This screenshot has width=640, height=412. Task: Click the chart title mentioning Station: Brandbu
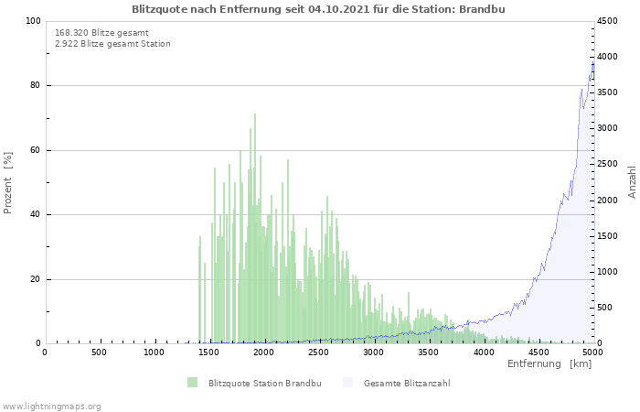click(318, 9)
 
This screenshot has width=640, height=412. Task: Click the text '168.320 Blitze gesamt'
click(101, 33)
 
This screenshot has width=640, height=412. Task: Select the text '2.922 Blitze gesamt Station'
click(112, 44)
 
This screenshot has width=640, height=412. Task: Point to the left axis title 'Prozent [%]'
click(7, 183)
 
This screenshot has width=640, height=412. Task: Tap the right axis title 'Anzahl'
click(632, 182)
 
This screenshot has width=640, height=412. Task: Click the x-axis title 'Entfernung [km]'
click(549, 363)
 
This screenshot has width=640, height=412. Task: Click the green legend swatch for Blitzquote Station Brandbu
click(192, 383)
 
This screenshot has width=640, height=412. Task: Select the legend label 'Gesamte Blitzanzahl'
click(407, 384)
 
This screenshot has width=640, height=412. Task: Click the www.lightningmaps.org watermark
click(51, 407)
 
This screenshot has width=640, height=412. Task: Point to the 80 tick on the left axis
click(36, 85)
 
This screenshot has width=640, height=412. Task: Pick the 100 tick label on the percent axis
click(33, 21)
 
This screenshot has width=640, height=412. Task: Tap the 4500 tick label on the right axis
click(607, 21)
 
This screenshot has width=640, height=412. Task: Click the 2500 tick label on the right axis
click(607, 164)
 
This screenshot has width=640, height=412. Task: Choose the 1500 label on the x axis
click(208, 352)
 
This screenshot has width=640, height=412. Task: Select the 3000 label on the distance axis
click(373, 352)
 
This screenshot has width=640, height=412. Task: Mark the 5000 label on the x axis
click(592, 352)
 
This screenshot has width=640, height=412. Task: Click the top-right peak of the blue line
click(592, 61)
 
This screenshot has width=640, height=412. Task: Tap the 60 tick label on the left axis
click(36, 150)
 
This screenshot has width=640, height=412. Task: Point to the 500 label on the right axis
click(604, 308)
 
